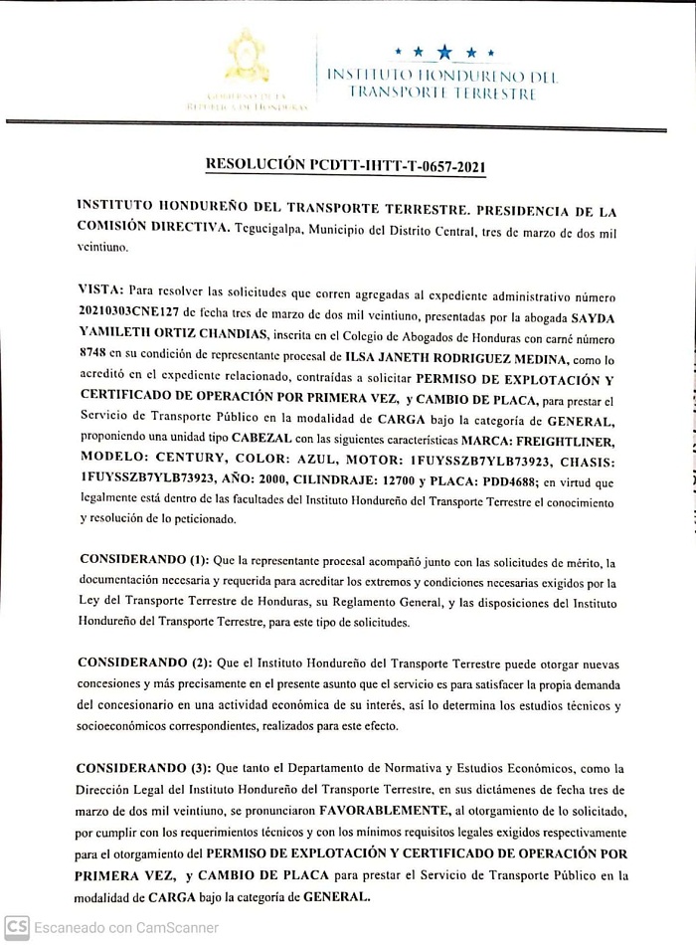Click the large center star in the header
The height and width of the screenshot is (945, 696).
(x=443, y=50)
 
